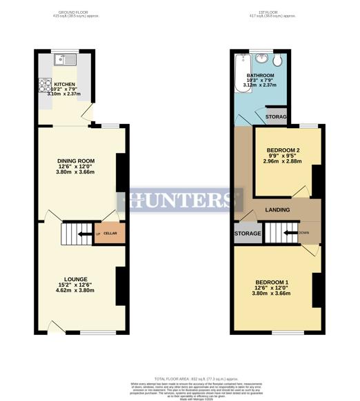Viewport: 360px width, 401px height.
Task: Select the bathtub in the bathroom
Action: [x=239, y=76]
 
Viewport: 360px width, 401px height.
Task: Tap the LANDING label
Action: [x=277, y=209]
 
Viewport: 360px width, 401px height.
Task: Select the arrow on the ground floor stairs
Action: [x=83, y=235]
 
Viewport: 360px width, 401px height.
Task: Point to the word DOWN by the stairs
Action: [x=304, y=233]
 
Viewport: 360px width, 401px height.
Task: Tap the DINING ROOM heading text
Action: [x=76, y=161]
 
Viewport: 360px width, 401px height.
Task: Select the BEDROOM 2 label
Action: [x=283, y=151]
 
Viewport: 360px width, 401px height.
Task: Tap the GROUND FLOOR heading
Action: [x=76, y=12]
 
